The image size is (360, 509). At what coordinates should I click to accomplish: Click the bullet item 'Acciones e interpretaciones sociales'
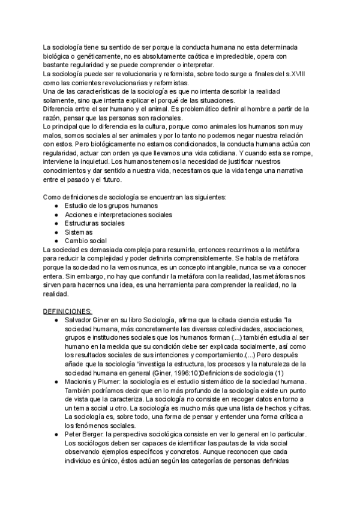118,214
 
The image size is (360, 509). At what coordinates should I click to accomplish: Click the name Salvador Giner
91,320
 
